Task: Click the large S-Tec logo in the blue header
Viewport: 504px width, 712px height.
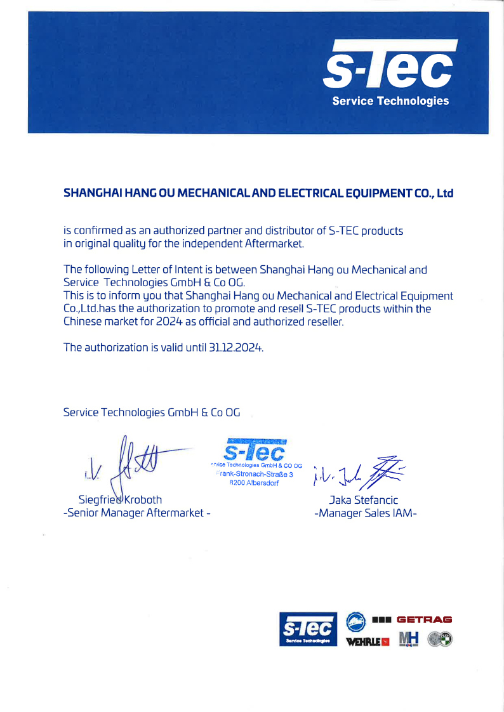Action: coord(390,66)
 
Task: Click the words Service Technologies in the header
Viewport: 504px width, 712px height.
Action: coord(390,101)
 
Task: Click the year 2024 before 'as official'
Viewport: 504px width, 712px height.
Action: coord(173,321)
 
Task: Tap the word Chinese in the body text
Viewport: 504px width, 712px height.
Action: coord(82,321)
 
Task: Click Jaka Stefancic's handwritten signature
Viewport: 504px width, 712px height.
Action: coord(359,472)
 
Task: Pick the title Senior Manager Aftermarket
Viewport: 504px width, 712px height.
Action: coord(136,513)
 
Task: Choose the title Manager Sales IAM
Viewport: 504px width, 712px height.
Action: coord(366,513)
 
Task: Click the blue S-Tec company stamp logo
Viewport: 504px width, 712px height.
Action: coord(255,450)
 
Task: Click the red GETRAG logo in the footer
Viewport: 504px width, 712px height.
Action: coord(424,619)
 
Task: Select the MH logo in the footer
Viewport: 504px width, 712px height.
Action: coord(409,640)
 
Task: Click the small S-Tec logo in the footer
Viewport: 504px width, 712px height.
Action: coord(308,630)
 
